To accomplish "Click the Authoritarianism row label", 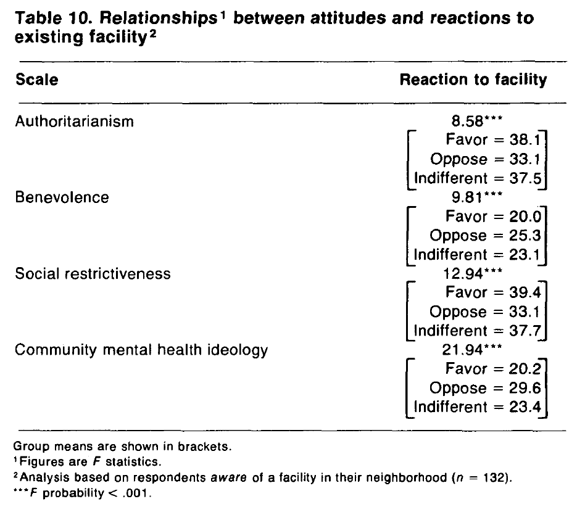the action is tap(74, 122).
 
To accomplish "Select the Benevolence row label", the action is tap(62, 197).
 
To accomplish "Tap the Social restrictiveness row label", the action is tap(93, 274).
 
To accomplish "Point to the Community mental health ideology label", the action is tap(141, 350).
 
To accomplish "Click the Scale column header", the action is tap(37, 80).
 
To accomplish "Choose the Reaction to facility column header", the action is tap(473, 80).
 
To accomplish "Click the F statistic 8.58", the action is tap(468, 121).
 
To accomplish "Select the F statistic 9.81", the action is tap(468, 197).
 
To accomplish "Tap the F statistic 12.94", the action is tap(463, 274).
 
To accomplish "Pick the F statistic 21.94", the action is tap(463, 350).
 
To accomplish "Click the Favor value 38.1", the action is tap(525, 140).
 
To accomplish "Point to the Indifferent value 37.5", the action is tap(525, 178).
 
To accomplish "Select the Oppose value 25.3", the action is tap(525, 235).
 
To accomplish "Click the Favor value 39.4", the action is tap(525, 292).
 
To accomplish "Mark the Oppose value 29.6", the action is tap(525, 388).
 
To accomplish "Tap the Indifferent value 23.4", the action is tap(525, 407).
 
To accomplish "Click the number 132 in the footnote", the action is tap(494, 477).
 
